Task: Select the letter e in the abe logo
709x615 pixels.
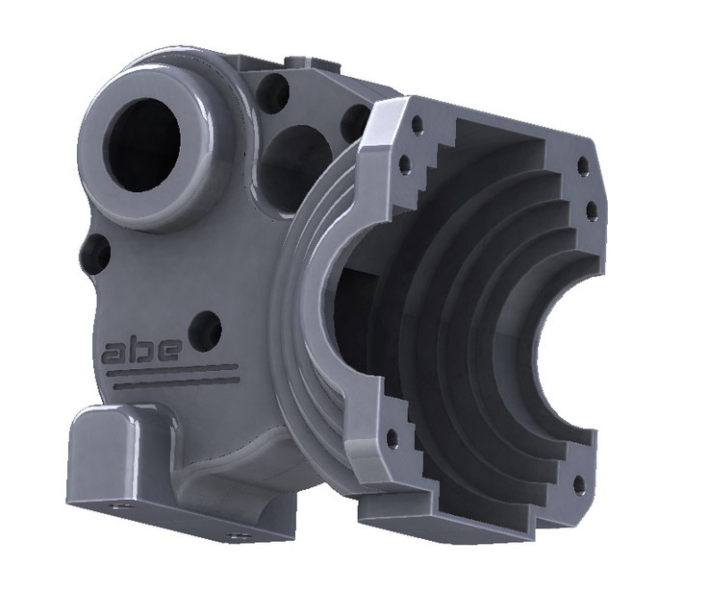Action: click(165, 349)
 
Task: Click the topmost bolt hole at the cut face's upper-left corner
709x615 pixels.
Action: click(418, 124)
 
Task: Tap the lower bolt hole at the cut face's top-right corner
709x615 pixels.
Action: click(592, 208)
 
